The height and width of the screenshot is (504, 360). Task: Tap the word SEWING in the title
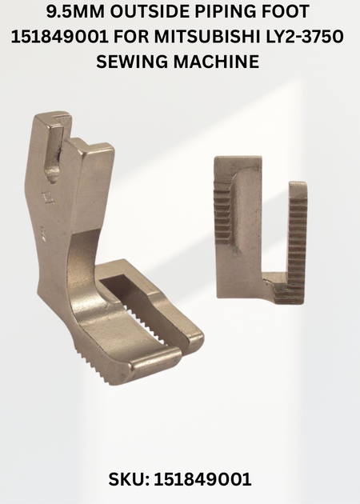pyautogui.click(x=133, y=61)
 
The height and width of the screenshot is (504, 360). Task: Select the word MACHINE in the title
pyautogui.click(x=217, y=61)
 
